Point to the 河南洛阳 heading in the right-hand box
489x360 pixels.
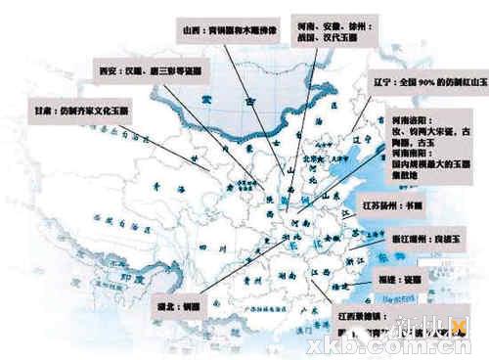[411, 118]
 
